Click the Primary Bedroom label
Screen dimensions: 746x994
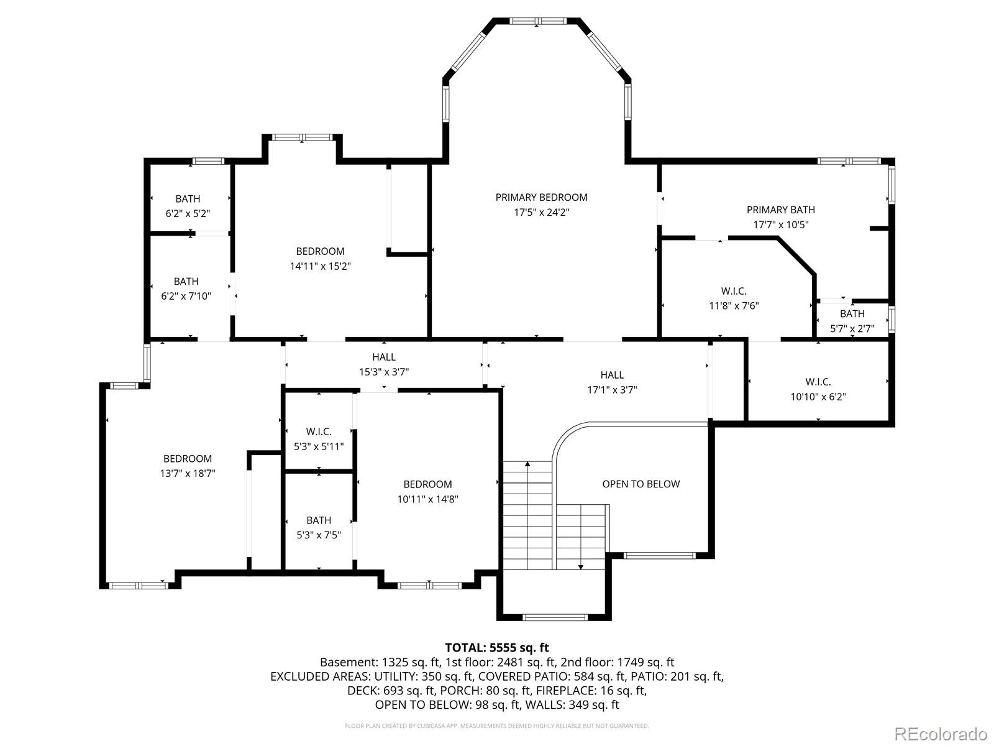tap(541, 198)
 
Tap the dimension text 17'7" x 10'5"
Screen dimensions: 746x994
tap(780, 225)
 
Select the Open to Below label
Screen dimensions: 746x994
tap(641, 484)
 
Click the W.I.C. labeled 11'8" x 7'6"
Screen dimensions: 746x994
tap(734, 298)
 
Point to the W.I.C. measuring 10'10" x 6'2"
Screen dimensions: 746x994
tap(818, 389)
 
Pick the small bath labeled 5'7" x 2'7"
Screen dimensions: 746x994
tap(852, 321)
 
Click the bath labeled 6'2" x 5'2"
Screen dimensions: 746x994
tap(188, 206)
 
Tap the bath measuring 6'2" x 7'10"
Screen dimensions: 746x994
tap(186, 288)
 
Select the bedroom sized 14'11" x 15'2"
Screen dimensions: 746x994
tap(320, 259)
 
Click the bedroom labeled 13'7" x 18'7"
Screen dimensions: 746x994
tap(188, 466)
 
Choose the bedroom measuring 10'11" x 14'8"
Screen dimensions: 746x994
tap(427, 491)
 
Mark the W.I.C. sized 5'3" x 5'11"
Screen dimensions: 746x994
tap(318, 439)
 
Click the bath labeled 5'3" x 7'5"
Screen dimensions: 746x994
tap(318, 527)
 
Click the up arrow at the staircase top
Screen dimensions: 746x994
tap(527, 464)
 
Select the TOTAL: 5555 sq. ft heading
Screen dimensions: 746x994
tap(496, 648)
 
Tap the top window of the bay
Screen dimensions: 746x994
tap(538, 21)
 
